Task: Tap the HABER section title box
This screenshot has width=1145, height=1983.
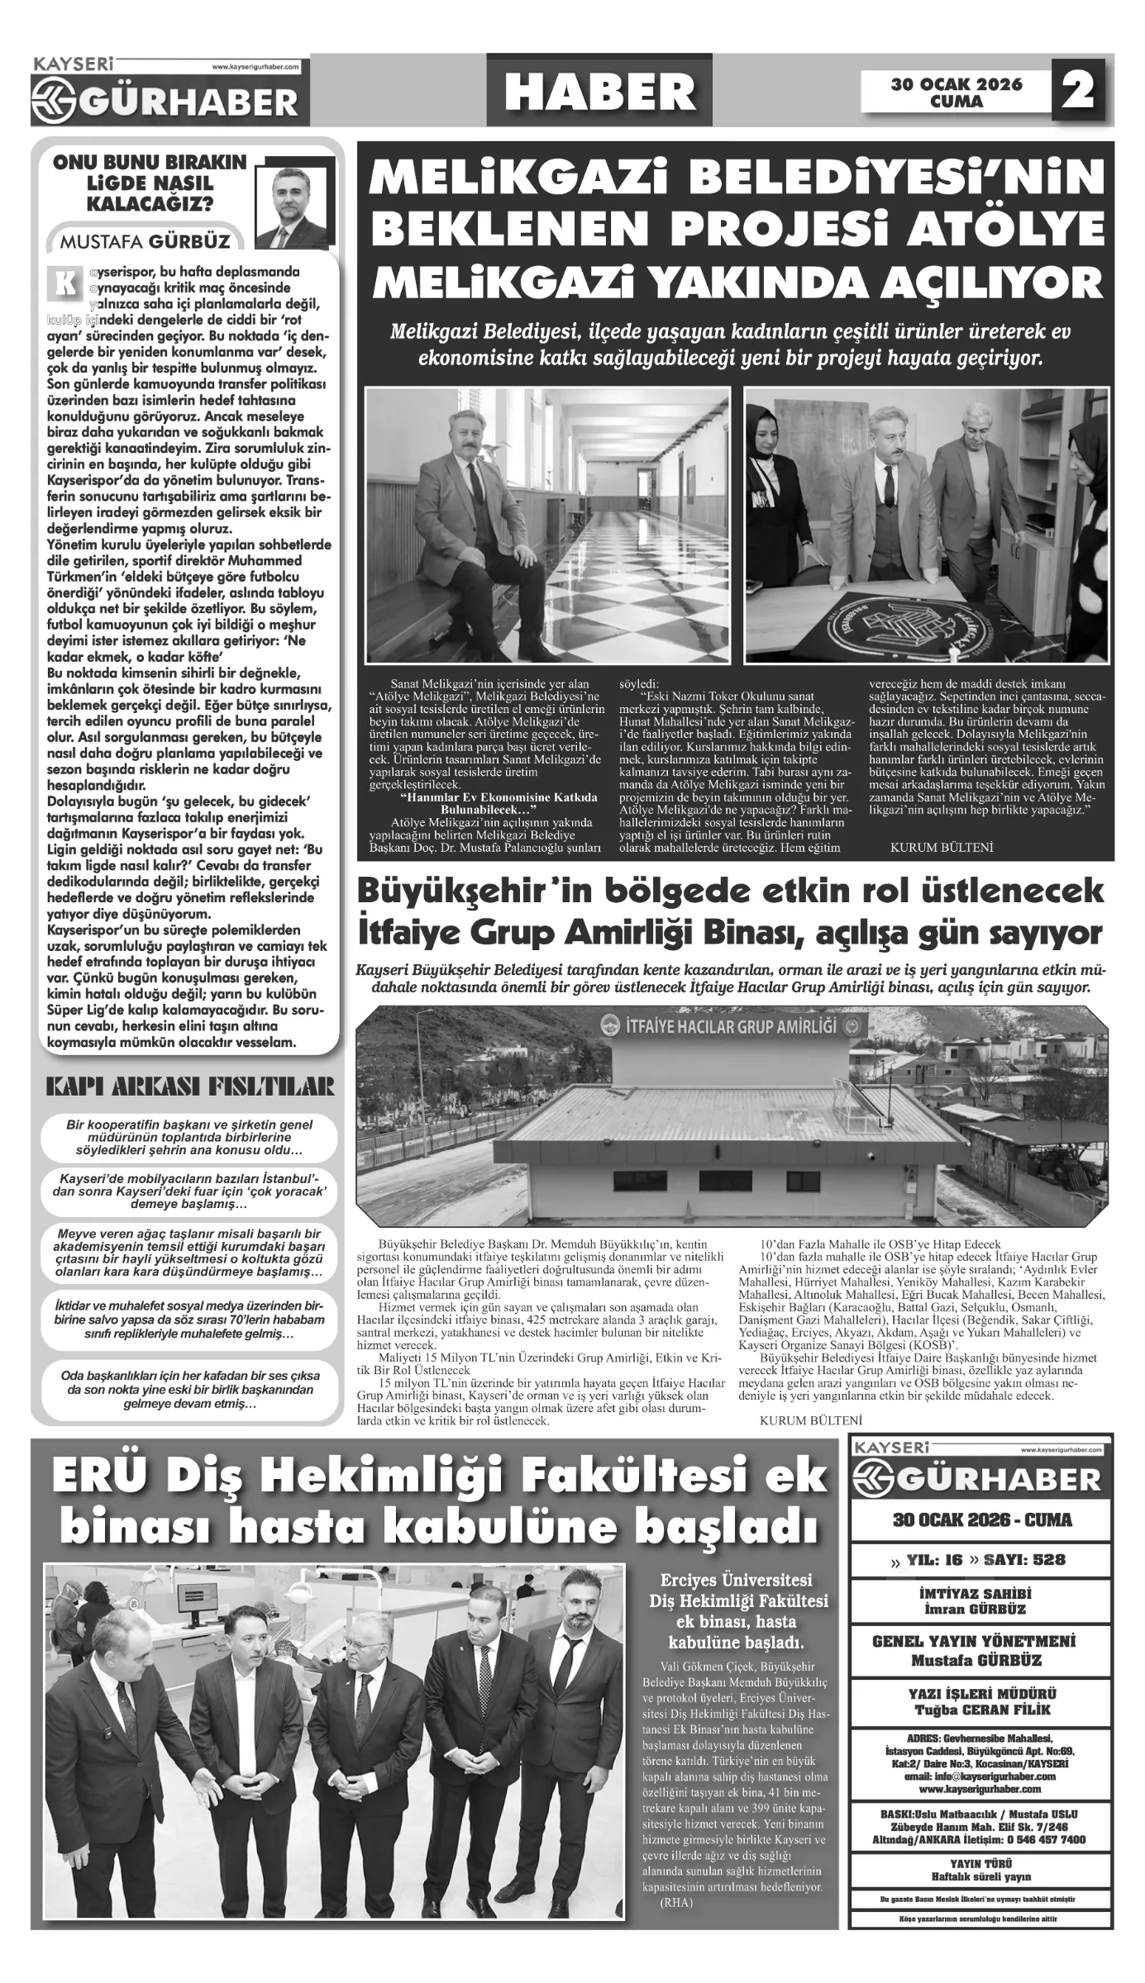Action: tap(599, 91)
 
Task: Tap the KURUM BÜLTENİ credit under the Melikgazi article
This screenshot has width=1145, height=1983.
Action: tap(941, 848)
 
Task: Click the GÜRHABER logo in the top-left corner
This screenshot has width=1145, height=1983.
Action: tap(165, 95)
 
